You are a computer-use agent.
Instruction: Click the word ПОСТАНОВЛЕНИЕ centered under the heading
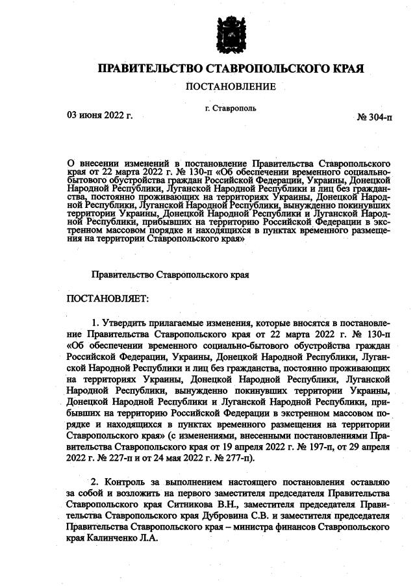tap(231, 86)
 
